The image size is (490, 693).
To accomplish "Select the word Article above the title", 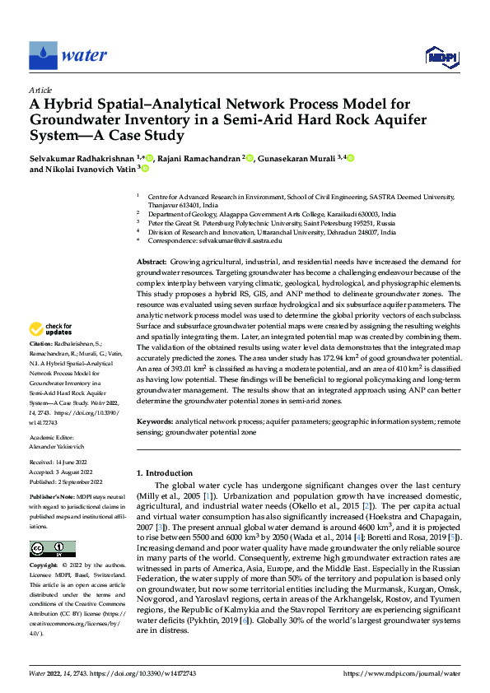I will (x=40, y=90).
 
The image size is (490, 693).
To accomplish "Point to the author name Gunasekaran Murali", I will (x=298, y=157).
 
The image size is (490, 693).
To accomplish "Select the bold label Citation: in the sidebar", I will (x=41, y=365).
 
